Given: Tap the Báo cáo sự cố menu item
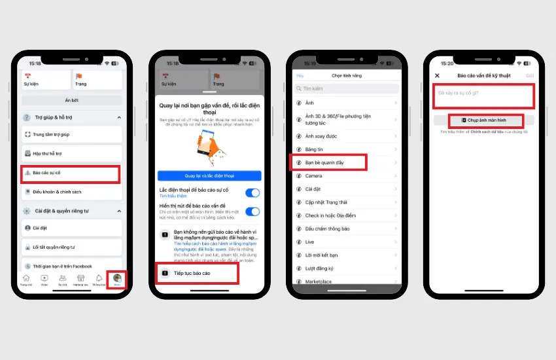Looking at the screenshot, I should (71, 173).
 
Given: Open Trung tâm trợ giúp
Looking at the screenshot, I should (71, 135).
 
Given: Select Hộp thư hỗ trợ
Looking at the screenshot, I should (71, 154).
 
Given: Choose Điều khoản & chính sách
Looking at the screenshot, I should (71, 192).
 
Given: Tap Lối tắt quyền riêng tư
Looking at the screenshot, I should (71, 247).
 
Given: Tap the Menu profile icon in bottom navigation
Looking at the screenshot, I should (118, 278).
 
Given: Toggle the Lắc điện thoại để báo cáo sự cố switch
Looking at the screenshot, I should (252, 192).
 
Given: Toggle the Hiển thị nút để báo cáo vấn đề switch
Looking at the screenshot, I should (252, 211).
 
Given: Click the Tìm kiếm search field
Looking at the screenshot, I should (346, 88).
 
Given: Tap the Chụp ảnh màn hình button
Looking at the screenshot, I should (485, 120).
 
